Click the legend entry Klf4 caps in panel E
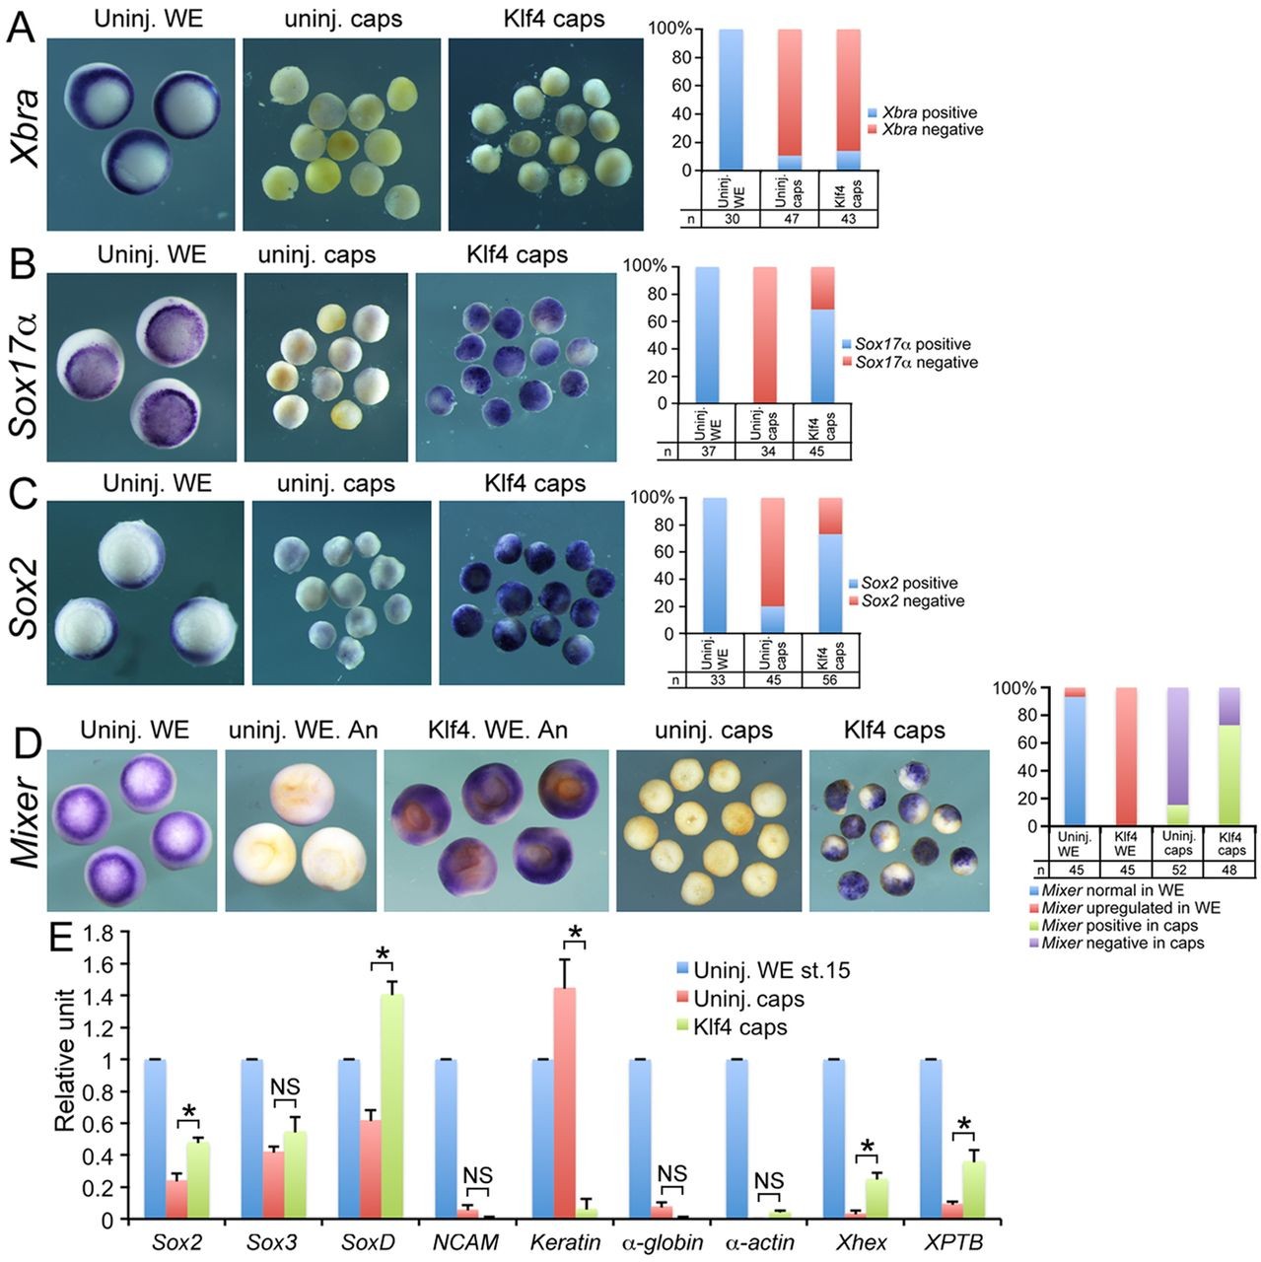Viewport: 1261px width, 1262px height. (740, 1026)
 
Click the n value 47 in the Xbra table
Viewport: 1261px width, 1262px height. (790, 219)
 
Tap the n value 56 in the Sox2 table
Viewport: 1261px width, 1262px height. (830, 680)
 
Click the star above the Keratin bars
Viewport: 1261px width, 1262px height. (575, 935)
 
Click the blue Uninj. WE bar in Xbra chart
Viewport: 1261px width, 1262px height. (731, 100)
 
